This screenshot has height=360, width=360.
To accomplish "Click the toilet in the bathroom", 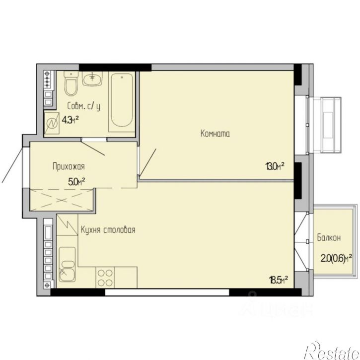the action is pyautogui.click(x=71, y=83).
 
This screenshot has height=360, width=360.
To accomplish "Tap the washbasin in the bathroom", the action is pyautogui.click(x=92, y=79).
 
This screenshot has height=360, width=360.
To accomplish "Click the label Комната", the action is pyautogui.click(x=215, y=134).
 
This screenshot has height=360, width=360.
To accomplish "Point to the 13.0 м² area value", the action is pyautogui.click(x=275, y=166).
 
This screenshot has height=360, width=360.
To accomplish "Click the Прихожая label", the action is pyautogui.click(x=69, y=166).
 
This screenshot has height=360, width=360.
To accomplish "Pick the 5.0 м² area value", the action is pyautogui.click(x=76, y=182).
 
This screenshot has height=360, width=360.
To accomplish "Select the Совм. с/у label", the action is pyautogui.click(x=84, y=107).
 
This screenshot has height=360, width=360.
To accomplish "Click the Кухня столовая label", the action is pyautogui.click(x=108, y=230).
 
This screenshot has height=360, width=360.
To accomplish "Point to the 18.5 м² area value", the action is pyautogui.click(x=279, y=280).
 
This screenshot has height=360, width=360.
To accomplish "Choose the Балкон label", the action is pyautogui.click(x=329, y=238).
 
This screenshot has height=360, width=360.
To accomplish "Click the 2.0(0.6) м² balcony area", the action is pyautogui.click(x=336, y=259).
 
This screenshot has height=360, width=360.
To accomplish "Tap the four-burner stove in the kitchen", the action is pyautogui.click(x=105, y=278).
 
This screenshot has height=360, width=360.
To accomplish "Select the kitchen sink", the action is pyautogui.click(x=67, y=265).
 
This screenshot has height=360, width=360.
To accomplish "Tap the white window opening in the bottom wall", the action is pyautogui.click(x=167, y=292).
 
